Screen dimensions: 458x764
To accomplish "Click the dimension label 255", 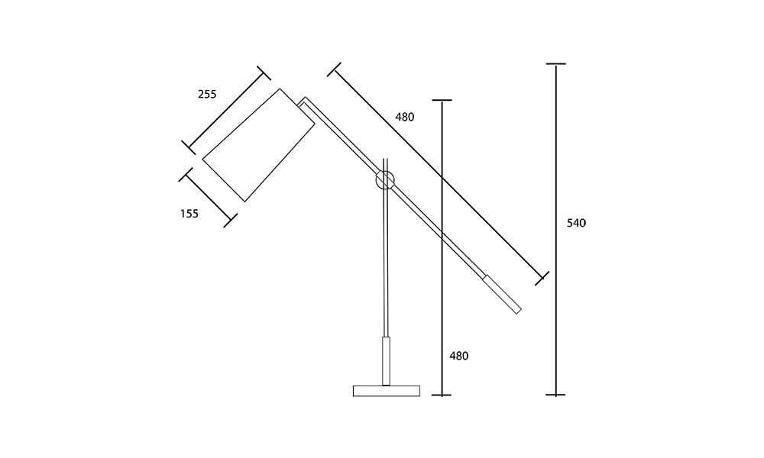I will [x=207, y=95].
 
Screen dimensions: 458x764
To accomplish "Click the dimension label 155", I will [x=189, y=214].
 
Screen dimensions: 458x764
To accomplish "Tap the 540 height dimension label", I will [x=577, y=224].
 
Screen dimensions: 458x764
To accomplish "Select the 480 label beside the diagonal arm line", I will [x=405, y=118].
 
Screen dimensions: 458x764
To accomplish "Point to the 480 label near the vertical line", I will [x=458, y=356].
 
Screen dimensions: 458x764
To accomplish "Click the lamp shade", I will [x=258, y=145].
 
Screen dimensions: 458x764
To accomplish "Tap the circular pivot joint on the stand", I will [x=385, y=180].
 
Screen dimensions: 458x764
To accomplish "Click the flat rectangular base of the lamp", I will [x=387, y=391].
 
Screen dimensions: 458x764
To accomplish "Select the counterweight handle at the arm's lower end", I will [x=502, y=294].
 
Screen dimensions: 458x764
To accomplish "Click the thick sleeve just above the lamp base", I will [x=387, y=361].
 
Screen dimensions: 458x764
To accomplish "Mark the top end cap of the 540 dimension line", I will [x=556, y=64].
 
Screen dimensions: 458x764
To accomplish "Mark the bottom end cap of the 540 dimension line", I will [x=556, y=395].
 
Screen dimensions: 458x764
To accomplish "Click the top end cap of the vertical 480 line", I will [x=442, y=100].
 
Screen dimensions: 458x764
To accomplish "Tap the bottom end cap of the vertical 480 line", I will [x=442, y=395].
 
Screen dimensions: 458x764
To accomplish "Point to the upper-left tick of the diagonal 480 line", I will [x=334, y=69].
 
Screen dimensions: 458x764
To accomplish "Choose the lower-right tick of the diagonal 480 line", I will [x=542, y=278].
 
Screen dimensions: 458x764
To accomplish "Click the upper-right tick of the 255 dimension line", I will [x=264, y=73].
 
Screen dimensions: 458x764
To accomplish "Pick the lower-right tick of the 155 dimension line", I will [x=230, y=221].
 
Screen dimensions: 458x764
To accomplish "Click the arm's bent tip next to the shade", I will [x=304, y=101].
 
